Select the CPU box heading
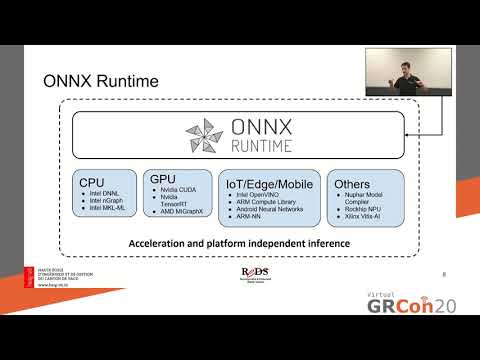click(x=92, y=183)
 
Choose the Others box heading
click(x=353, y=183)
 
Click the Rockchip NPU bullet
click(x=366, y=208)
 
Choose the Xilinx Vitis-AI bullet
click(x=366, y=216)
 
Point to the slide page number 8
click(x=443, y=271)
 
